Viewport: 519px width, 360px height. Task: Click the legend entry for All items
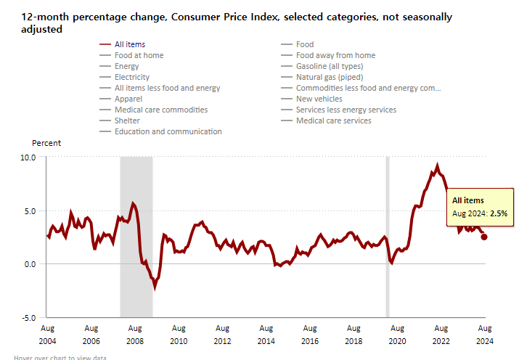[x=130, y=44]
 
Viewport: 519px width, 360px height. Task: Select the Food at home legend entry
[x=139, y=55]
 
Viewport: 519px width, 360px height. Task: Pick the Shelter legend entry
[x=127, y=120]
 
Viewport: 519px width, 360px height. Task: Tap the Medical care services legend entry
[x=333, y=120]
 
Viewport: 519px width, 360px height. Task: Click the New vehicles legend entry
[x=319, y=99]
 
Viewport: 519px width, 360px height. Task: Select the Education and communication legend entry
[x=168, y=131]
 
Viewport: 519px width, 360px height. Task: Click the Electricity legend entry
[x=132, y=77]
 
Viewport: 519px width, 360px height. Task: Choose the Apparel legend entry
[x=129, y=99]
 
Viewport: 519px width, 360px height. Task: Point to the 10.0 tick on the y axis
[x=28, y=157]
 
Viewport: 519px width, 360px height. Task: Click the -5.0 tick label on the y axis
[x=28, y=317]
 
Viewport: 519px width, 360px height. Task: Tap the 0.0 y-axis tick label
[x=29, y=264]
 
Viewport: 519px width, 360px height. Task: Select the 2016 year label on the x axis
[x=310, y=340]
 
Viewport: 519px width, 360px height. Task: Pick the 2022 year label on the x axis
[x=441, y=340]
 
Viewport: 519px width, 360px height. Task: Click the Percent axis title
[x=46, y=143]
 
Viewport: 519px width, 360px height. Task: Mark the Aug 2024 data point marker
[x=484, y=237]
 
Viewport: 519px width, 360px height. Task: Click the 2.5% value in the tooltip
[x=498, y=213]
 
